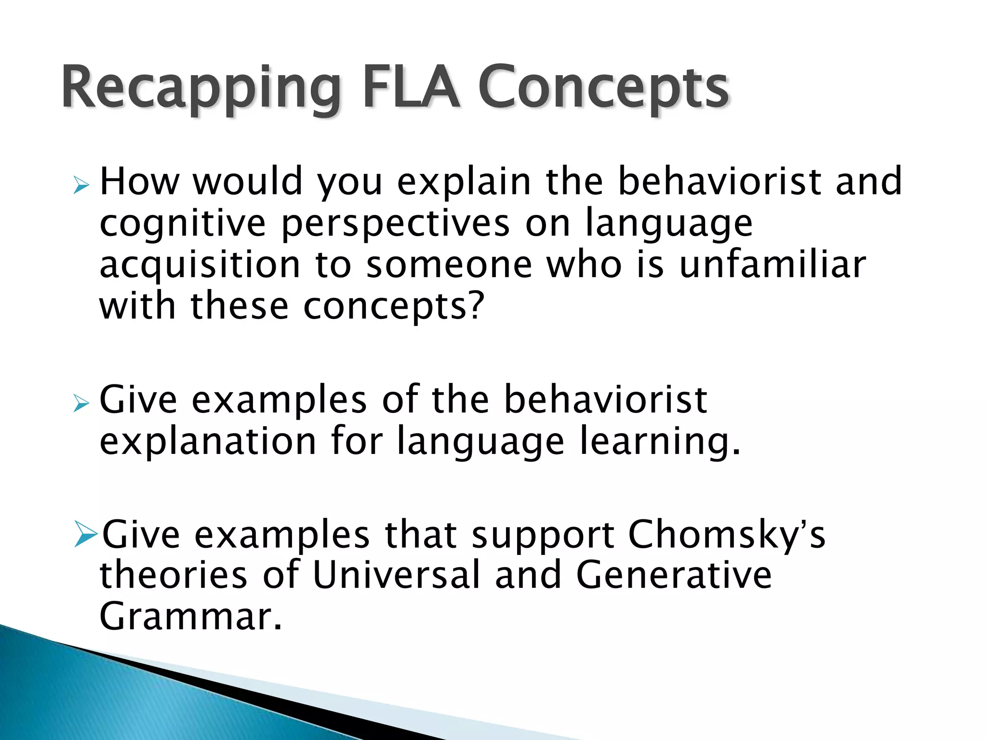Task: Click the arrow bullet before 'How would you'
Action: tap(81, 185)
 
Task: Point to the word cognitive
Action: tap(182, 224)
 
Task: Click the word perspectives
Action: tap(395, 224)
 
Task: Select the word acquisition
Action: tap(200, 266)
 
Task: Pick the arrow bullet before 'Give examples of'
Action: tap(81, 403)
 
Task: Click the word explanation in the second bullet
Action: tap(208, 442)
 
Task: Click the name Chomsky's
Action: tap(726, 534)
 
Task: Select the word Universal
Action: tap(396, 575)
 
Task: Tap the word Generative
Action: tap(673, 575)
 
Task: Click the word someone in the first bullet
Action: tap(449, 265)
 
